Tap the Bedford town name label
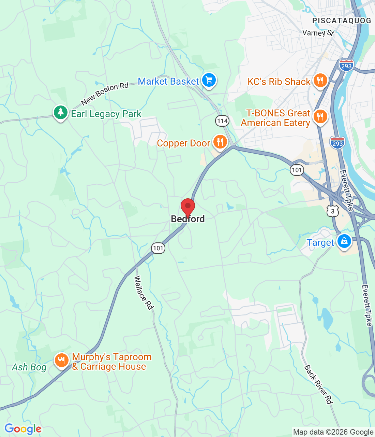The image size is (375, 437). point(188,219)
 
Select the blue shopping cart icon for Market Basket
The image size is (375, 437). point(209,81)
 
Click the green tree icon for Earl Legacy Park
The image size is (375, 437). point(61,112)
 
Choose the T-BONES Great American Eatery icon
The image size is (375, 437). point(320,117)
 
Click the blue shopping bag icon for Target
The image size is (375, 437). point(344,241)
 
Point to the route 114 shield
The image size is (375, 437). point(222,121)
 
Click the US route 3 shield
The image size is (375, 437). point(333,211)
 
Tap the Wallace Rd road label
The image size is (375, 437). point(144,293)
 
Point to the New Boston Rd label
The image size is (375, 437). point(105,93)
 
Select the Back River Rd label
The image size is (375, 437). point(318,384)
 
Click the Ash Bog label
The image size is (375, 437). point(29,367)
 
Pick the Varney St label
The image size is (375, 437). point(318,33)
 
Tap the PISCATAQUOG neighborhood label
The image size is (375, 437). point(342,21)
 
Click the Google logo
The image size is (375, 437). point(23,429)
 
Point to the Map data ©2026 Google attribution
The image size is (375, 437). point(333,432)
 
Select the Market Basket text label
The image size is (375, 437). point(168,82)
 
